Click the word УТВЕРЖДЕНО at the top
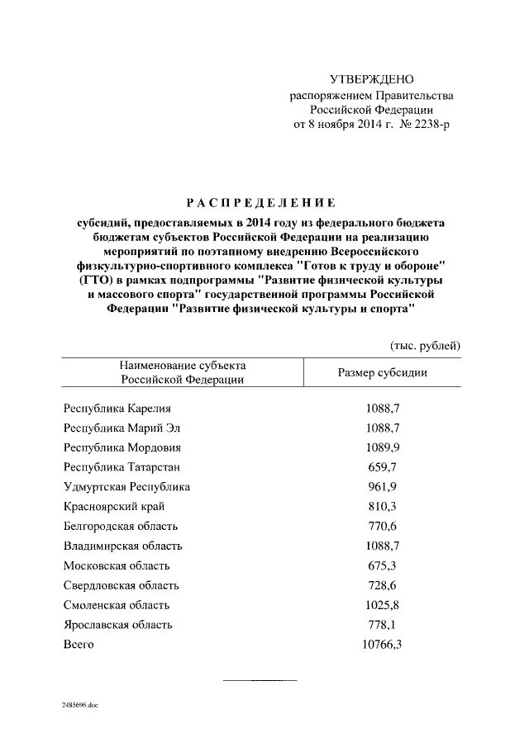371,80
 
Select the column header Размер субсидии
383,372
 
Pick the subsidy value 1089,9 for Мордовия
383,447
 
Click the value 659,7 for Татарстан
383,467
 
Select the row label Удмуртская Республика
126,487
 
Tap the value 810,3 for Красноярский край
383,507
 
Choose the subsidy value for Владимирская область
383,546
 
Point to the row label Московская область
117,565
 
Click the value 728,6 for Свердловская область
383,585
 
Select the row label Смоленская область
117,605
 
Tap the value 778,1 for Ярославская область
383,625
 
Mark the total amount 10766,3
382,645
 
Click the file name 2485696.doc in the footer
80,706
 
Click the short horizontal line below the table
260,680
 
